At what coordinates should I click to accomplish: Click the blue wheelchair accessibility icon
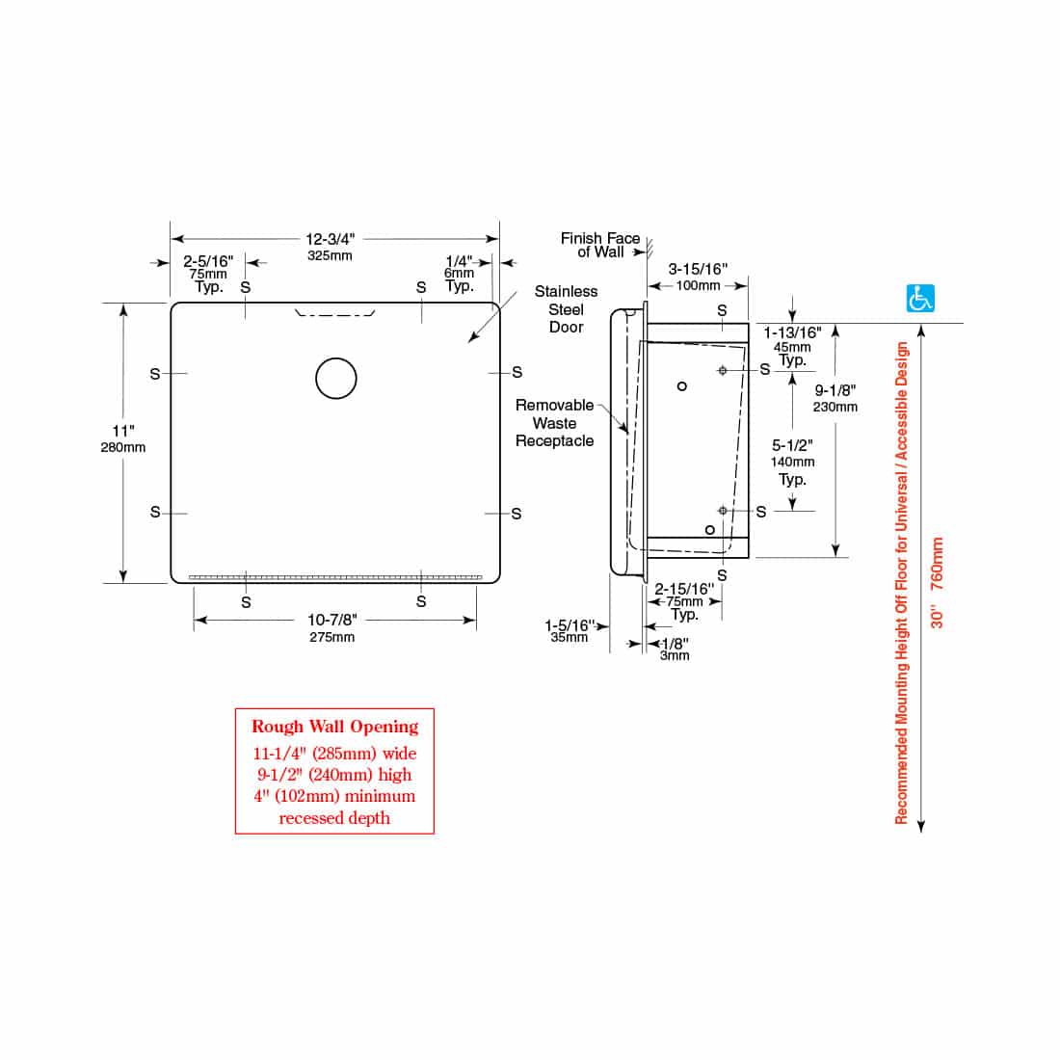pyautogui.click(x=921, y=299)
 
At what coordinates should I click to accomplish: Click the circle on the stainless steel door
pyautogui.click(x=336, y=378)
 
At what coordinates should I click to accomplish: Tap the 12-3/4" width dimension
pyautogui.click(x=331, y=239)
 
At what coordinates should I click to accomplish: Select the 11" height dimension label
pyautogui.click(x=123, y=432)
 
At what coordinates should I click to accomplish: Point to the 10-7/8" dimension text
pyautogui.click(x=331, y=620)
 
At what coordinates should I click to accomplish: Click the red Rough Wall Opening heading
pyautogui.click(x=334, y=727)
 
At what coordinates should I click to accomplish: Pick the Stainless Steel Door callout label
pyautogui.click(x=566, y=308)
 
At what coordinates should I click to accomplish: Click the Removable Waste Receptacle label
pyautogui.click(x=554, y=423)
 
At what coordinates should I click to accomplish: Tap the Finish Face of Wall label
pyautogui.click(x=599, y=245)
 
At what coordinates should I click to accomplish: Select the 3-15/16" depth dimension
pyautogui.click(x=698, y=270)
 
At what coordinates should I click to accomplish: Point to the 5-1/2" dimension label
pyautogui.click(x=793, y=447)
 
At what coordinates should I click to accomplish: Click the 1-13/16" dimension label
pyautogui.click(x=792, y=332)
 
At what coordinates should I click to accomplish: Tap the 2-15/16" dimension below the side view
pyautogui.click(x=684, y=589)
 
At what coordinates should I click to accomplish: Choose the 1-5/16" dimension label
pyautogui.click(x=569, y=625)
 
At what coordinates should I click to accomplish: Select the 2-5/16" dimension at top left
pyautogui.click(x=208, y=261)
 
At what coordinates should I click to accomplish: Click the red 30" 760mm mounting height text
pyautogui.click(x=937, y=583)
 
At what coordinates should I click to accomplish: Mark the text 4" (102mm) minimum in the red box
pyautogui.click(x=334, y=796)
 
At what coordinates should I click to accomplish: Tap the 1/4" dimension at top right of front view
pyautogui.click(x=460, y=261)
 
